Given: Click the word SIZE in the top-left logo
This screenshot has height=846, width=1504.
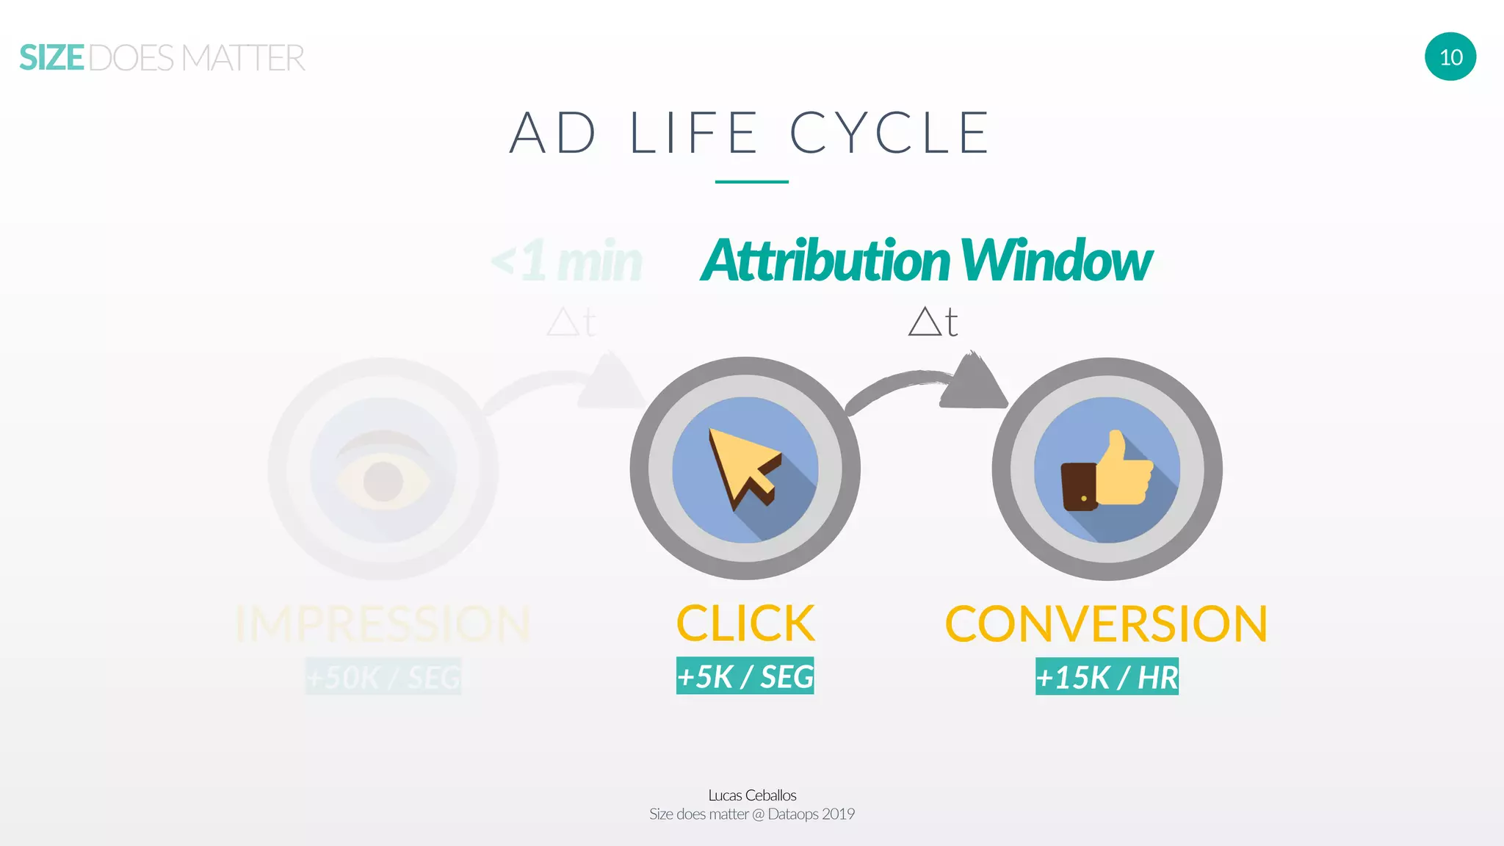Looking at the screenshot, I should pos(51,58).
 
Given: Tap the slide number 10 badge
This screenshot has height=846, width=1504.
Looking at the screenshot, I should pos(1450,57).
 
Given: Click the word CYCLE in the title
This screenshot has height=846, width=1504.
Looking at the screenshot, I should pos(889,133).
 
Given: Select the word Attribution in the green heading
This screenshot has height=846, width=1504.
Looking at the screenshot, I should pos(825,261).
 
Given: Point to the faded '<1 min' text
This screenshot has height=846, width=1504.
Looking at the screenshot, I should pos(567,261).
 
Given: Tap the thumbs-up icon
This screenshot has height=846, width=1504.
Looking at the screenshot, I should pos(1107,471).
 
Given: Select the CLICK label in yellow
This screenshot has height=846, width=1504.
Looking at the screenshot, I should pos(745,623).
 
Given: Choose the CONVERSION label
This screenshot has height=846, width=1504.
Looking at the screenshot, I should pos(1106,623).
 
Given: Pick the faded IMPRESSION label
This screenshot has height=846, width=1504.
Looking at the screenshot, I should pos(383,623).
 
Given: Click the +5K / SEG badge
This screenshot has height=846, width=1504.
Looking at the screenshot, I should pos(745,676).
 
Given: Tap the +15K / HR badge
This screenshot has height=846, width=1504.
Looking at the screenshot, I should pos(1107,676).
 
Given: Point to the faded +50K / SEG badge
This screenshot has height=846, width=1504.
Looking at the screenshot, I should pos(383,676).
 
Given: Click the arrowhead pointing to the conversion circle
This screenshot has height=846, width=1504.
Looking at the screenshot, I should pos(972,382).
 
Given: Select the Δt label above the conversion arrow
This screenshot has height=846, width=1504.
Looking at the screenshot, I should pos(933,322).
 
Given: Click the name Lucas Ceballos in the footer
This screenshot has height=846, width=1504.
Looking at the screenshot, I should pos(752,795).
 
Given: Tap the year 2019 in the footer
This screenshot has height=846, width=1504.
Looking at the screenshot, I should pos(838,814).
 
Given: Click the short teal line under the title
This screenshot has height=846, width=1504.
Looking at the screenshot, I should pos(751,181).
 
